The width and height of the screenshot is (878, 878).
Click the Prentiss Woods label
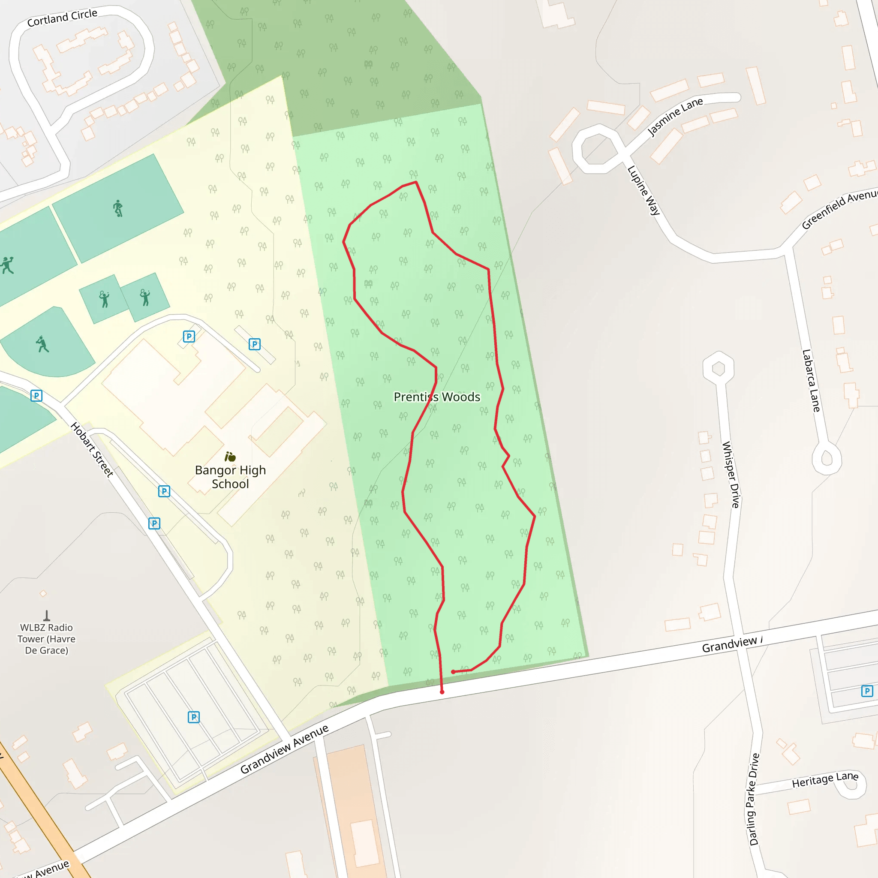(436, 397)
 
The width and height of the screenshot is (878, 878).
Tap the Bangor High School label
(230, 477)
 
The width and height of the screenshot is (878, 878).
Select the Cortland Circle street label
(62, 18)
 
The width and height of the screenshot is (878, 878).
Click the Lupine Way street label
(643, 190)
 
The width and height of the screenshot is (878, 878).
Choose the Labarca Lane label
(811, 380)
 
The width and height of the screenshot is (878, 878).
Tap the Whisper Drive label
(730, 475)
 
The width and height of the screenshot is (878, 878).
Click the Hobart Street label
(92, 449)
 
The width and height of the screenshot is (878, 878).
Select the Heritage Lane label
(825, 780)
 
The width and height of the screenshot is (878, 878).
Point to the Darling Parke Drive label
(755, 800)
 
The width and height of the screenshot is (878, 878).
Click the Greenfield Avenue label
(839, 210)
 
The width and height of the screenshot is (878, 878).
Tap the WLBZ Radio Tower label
(46, 639)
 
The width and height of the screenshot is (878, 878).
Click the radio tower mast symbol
(46, 616)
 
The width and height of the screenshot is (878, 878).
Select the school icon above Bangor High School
(230, 456)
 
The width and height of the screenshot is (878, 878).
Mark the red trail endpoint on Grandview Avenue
(442, 692)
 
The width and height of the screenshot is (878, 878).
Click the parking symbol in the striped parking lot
(194, 717)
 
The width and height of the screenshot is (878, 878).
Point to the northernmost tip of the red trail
(416, 182)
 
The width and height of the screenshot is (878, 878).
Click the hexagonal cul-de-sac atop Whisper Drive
(718, 368)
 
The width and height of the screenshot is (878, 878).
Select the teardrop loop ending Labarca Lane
(827, 459)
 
